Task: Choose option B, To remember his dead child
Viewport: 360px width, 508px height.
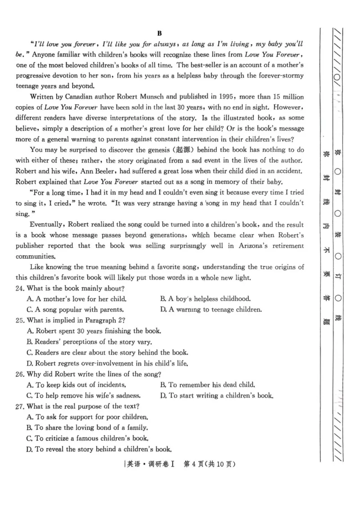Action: tap(208, 385)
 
